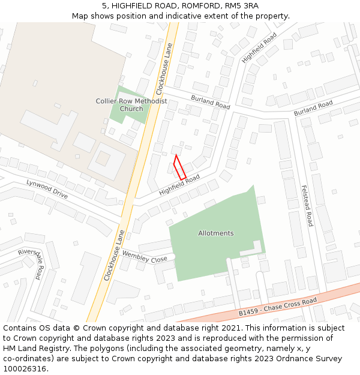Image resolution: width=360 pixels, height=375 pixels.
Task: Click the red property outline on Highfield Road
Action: coord(179,167)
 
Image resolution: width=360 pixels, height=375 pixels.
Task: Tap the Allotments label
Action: coord(216,233)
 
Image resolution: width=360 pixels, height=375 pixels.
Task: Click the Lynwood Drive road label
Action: coord(47,189)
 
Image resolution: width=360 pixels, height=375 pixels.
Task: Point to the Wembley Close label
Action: coord(145,257)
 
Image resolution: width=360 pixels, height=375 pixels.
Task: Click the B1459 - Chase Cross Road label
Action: coord(277,307)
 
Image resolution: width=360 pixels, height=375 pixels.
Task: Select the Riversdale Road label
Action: coord(31,263)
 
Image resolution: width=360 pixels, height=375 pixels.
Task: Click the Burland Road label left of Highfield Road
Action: coord(211,101)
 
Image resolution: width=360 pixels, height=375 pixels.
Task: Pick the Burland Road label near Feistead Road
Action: coord(313,109)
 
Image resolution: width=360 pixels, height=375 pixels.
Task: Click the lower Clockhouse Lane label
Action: coord(114,255)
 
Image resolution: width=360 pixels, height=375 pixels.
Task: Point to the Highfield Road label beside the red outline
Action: coord(179,185)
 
